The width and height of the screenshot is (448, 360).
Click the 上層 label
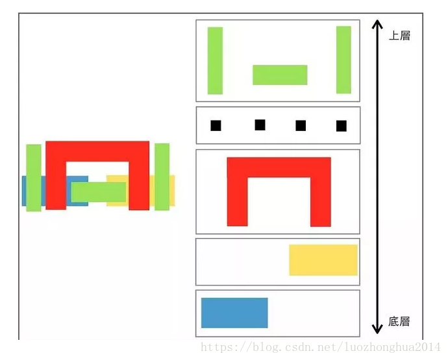click(x=399, y=36)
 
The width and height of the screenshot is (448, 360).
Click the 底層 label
click(x=399, y=322)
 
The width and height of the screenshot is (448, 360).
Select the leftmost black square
click(x=216, y=126)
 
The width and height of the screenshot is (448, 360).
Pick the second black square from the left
click(x=260, y=125)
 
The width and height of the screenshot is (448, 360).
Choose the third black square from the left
click(x=301, y=126)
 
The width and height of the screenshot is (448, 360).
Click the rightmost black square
click(x=342, y=126)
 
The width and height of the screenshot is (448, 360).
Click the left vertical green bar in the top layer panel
click(x=215, y=60)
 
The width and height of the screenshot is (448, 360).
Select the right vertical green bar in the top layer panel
click(x=343, y=60)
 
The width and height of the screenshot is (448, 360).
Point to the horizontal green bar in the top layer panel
click(x=280, y=75)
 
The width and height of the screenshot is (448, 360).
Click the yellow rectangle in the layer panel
click(x=323, y=260)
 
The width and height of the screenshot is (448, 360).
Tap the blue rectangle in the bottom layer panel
click(x=234, y=313)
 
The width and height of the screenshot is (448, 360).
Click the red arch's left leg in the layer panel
click(x=238, y=202)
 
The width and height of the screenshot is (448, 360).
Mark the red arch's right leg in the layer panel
click(x=321, y=202)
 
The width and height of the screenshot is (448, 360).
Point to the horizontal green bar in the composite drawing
click(x=99, y=192)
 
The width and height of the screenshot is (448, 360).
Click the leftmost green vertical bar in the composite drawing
click(x=34, y=178)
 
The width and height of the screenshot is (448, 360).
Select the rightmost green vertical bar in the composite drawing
click(x=162, y=177)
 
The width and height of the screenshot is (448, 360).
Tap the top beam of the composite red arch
click(x=97, y=151)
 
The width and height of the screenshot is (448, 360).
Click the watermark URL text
click(x=321, y=347)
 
